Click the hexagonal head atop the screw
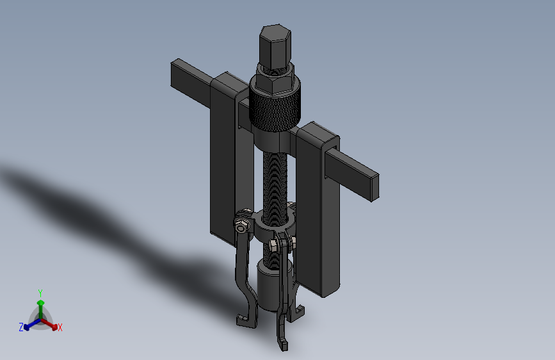tap(275, 47)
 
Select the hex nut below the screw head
tap(275, 80)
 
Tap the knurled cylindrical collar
tap(275, 108)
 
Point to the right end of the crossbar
tap(375, 187)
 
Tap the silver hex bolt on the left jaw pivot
tap(241, 227)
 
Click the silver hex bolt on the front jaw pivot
tap(273, 244)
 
